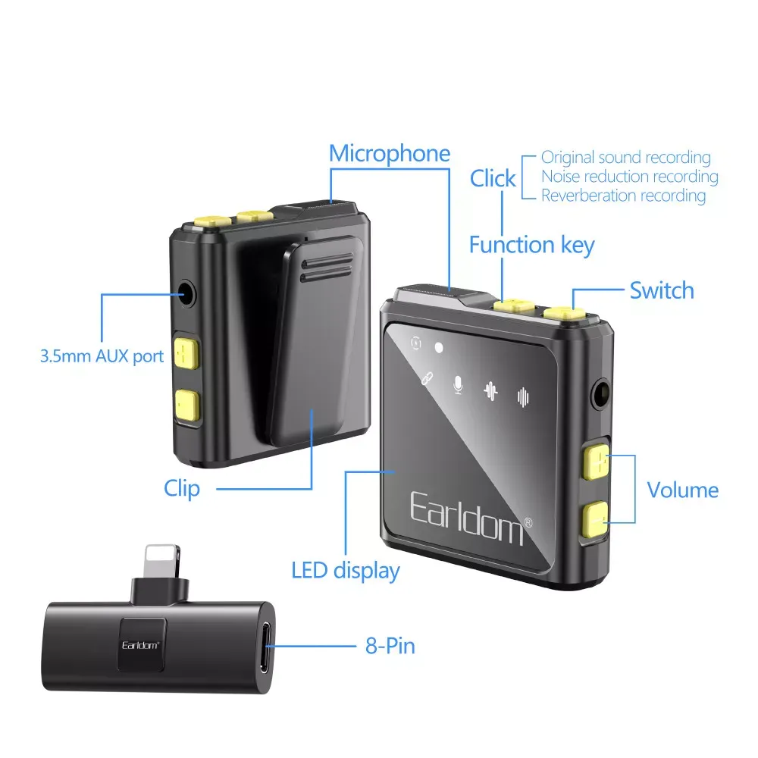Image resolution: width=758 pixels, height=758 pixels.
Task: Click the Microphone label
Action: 390,154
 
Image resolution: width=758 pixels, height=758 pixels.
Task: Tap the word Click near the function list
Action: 493,178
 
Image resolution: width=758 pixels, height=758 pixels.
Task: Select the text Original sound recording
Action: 625,158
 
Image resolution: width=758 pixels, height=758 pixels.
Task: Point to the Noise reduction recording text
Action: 629,177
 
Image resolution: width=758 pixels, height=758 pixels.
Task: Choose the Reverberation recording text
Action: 623,196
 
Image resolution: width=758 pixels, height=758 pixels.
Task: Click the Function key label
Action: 532,245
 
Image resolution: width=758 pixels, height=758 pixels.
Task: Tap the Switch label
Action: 662,290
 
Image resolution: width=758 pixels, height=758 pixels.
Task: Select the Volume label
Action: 683,490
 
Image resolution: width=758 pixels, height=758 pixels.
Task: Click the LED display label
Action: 346,571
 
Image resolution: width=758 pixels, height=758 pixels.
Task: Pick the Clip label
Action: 182,489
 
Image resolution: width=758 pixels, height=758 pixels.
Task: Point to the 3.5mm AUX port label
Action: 102,356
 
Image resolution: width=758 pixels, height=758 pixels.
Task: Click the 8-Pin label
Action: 390,646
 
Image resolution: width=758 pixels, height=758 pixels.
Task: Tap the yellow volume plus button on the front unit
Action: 596,462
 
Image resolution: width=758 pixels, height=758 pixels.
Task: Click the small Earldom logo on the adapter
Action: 140,645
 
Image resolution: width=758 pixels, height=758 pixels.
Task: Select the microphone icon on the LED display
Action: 458,385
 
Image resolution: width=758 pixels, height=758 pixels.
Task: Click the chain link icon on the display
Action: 426,378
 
